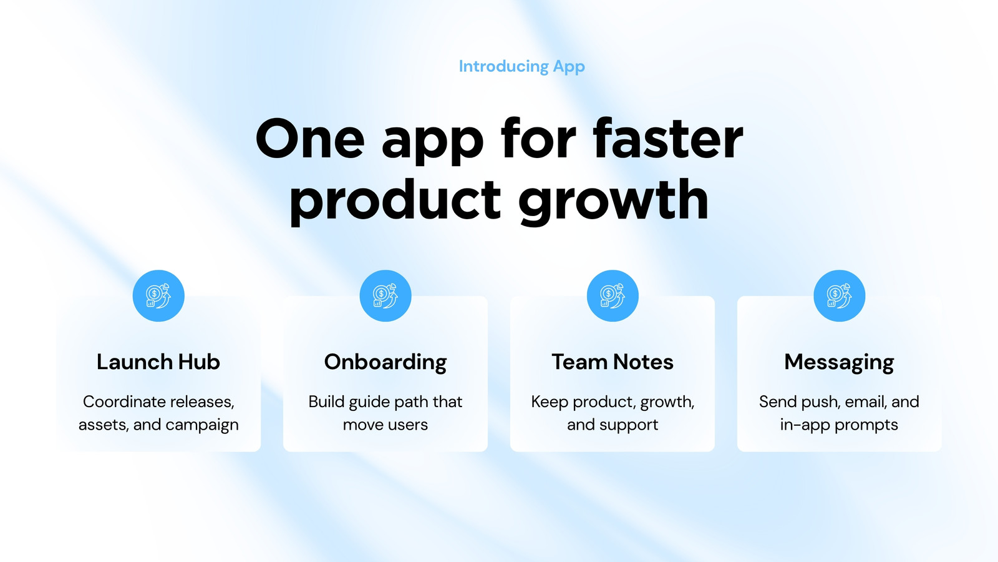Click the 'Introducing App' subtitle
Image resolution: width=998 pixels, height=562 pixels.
(x=521, y=67)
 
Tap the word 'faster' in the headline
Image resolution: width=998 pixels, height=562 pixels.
(x=668, y=138)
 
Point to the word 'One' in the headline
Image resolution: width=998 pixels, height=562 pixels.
(x=310, y=139)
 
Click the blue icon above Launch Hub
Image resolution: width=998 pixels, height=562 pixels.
(x=158, y=296)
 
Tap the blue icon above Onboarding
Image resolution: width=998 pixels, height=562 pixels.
(x=385, y=296)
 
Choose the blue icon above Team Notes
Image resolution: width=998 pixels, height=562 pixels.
(x=613, y=296)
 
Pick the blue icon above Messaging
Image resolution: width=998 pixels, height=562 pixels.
(x=840, y=296)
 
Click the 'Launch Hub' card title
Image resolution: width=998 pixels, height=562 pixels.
(x=158, y=362)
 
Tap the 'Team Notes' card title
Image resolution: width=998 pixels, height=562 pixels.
(x=613, y=362)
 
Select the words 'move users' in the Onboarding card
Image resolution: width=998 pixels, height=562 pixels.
(x=385, y=425)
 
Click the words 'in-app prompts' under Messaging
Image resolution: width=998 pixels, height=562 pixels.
(x=839, y=425)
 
